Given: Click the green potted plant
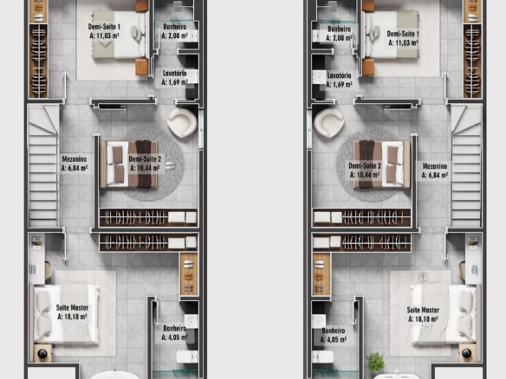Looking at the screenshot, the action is click(375, 362).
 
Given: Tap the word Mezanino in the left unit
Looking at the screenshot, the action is click(75, 159).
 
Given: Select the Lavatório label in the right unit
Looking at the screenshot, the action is click(339, 76).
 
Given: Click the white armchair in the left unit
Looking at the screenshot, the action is click(182, 123).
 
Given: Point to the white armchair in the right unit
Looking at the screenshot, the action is click(329, 123).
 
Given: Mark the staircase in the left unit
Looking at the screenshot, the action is click(43, 166).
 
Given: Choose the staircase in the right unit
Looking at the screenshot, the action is click(466, 166).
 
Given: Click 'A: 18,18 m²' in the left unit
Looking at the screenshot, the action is click(72, 317).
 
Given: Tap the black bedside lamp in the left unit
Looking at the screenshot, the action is click(42, 354).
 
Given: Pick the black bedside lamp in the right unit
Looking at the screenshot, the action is click(467, 354).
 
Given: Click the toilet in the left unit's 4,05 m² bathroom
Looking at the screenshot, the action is click(187, 357).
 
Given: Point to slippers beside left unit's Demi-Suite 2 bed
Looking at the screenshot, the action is click(170, 165).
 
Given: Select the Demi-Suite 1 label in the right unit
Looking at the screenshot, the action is click(403, 34).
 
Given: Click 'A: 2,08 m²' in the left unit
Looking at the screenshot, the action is click(174, 35).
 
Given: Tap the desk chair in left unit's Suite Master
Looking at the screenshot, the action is click(49, 269).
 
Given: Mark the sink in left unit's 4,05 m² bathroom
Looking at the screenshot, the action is click(191, 321).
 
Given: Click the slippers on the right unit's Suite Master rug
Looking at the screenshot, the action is click(423, 277).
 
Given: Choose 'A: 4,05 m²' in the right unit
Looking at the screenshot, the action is click(334, 340).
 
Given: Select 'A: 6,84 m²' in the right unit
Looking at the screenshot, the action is click(435, 176).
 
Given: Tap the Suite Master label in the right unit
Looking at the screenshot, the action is click(423, 310).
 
